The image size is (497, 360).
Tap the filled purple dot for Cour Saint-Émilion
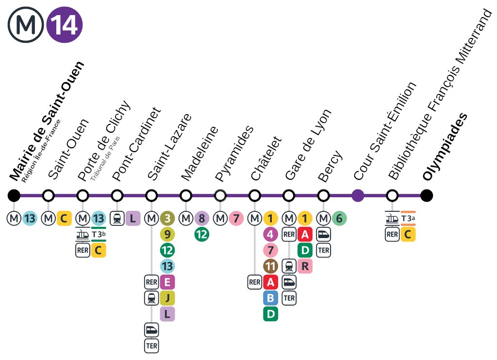pyautogui.click(x=358, y=196)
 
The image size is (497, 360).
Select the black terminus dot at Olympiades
pyautogui.click(x=427, y=196)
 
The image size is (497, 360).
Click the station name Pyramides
pyautogui.click(x=234, y=153)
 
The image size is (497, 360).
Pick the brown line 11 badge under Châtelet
pyautogui.click(x=270, y=266)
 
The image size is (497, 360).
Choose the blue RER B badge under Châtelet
pyautogui.click(x=270, y=298)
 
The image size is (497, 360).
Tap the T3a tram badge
pyautogui.click(x=408, y=219)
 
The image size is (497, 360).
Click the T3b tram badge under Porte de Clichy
pyautogui.click(x=99, y=234)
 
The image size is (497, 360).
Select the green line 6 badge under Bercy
pyautogui.click(x=339, y=219)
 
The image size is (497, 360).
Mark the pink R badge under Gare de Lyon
pyautogui.click(x=305, y=266)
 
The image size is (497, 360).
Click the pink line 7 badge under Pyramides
pyautogui.click(x=236, y=219)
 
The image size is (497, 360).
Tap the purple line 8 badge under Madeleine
pyautogui.click(x=201, y=219)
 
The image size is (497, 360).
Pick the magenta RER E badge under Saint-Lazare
pyautogui.click(x=167, y=282)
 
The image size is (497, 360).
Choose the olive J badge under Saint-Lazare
pyautogui.click(x=167, y=298)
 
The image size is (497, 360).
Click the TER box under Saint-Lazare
pyautogui.click(x=151, y=345)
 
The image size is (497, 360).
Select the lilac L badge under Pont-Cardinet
pyautogui.click(x=133, y=219)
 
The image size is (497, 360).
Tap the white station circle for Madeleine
pyautogui.click(x=186, y=196)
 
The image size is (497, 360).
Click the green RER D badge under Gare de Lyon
pyautogui.click(x=305, y=250)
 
